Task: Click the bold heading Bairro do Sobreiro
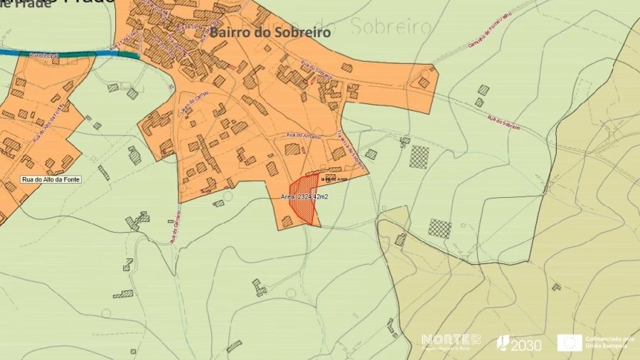[x=270, y=32]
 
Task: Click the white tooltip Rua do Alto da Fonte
[x=50, y=179]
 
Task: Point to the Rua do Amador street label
[x=304, y=135]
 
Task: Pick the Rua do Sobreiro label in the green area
[x=503, y=123]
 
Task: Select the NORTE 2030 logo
[x=451, y=341]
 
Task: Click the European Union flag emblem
[x=569, y=343]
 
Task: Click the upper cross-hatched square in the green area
[x=419, y=157]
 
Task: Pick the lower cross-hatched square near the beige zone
[x=439, y=228]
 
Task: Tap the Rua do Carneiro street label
[x=174, y=226]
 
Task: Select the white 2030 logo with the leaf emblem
[x=518, y=344]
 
